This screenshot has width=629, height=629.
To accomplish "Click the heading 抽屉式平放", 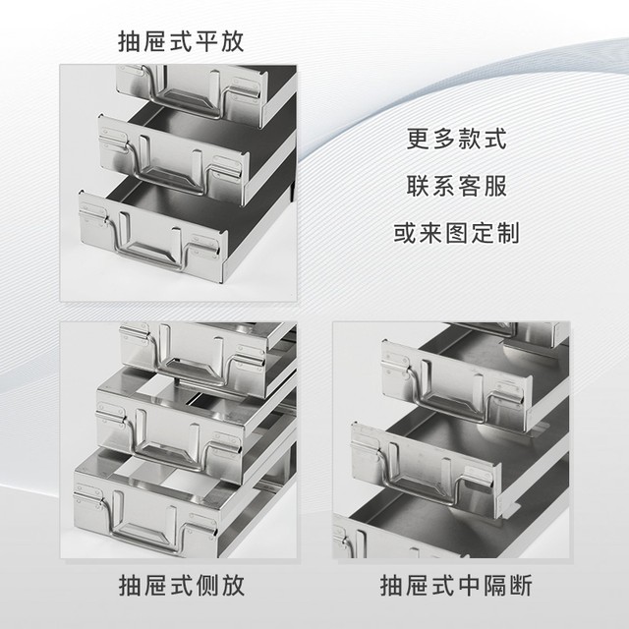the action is (181, 41).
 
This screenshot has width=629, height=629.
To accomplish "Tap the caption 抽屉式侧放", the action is (181, 586).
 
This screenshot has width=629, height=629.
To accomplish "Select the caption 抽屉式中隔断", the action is (456, 586).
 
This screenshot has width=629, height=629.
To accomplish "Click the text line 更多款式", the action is (456, 139).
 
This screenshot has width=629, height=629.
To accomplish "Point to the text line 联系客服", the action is (456, 186).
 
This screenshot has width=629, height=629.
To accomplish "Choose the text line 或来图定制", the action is (456, 233).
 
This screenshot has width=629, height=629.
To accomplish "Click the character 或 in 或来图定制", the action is (405, 233).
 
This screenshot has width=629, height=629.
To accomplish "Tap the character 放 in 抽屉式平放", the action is (233, 41).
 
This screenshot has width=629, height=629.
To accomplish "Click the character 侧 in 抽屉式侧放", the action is (207, 586).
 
